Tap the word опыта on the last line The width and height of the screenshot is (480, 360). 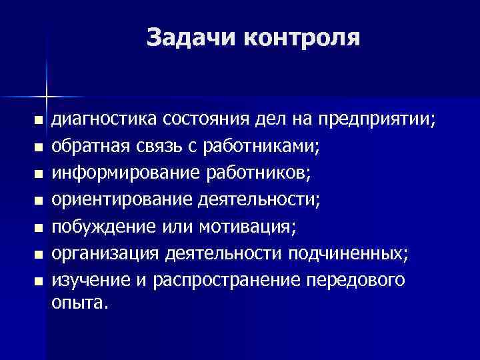(78, 303)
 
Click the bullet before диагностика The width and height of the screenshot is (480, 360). (37, 121)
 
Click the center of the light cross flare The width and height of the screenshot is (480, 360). (47, 91)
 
